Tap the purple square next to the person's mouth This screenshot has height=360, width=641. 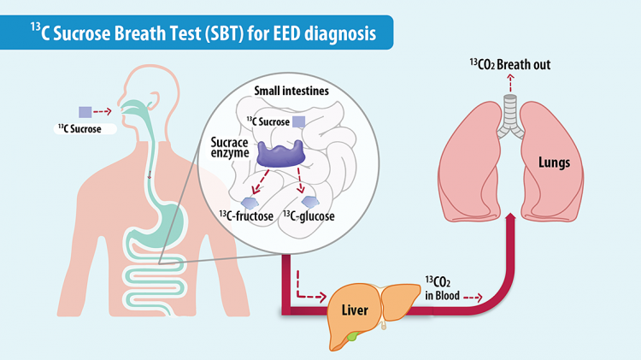85,112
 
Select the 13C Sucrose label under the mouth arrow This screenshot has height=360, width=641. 79,129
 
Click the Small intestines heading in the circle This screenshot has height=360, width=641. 291,91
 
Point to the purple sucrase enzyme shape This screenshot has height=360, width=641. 281,154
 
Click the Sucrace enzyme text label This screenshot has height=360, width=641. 230,147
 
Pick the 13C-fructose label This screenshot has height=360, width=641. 246,215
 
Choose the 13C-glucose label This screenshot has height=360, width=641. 309,215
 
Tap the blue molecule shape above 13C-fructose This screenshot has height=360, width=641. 250,203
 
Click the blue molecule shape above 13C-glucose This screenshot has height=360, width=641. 310,201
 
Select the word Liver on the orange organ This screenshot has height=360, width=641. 355,310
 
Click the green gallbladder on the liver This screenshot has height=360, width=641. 352,336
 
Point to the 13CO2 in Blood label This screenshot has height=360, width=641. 443,288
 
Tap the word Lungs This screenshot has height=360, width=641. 554,162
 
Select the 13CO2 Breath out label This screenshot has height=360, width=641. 510,65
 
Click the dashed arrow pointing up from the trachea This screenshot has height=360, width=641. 510,83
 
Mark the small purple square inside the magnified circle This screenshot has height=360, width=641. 299,122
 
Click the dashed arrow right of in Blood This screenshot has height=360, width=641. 473,298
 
